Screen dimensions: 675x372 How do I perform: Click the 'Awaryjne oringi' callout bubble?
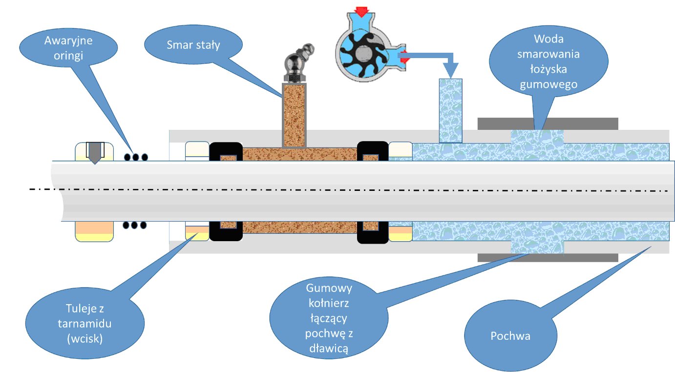tap(68, 47)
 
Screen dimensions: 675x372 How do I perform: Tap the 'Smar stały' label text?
tap(193, 45)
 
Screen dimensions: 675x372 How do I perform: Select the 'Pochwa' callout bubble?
tap(510, 335)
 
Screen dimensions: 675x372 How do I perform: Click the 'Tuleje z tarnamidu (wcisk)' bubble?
tap(84, 323)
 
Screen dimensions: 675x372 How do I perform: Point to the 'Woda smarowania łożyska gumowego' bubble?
tap(548, 61)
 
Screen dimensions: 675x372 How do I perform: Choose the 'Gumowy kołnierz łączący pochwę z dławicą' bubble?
tap(329, 318)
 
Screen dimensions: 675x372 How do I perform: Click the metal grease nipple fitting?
tap(297, 64)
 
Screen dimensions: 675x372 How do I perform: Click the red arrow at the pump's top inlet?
tap(361, 11)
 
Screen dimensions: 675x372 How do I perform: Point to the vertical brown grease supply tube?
tap(294, 115)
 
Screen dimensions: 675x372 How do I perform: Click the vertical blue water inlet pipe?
tap(450, 111)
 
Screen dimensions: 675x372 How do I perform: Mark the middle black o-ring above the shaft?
tap(136, 157)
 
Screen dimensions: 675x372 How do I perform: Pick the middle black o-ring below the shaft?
tap(134, 225)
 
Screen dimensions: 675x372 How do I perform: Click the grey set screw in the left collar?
tap(95, 153)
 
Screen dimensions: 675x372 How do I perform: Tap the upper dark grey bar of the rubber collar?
tap(548, 124)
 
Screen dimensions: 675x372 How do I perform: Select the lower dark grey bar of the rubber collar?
tap(548, 258)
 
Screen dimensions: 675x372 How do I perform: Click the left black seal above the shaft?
tap(226, 151)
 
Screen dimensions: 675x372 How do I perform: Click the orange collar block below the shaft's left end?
tap(94, 231)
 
